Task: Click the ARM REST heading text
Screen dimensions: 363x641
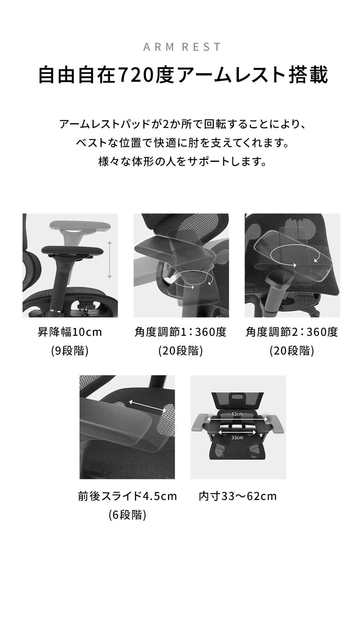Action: pos(182,47)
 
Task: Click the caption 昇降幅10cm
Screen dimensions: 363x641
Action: pos(70,332)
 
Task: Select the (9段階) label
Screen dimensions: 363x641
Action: pos(70,351)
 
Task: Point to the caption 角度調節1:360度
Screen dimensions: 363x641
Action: pos(181,332)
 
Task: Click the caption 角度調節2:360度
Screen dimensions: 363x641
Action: pos(292,332)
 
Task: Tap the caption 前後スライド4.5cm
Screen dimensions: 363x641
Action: pos(127,496)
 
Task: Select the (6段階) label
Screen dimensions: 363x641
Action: pos(127,515)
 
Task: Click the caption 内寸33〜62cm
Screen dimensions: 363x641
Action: pos(238,496)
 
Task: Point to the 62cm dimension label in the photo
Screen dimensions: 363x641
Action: pos(237,414)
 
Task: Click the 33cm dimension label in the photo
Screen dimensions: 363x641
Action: pos(237,438)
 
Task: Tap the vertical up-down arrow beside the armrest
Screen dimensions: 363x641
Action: pos(110,260)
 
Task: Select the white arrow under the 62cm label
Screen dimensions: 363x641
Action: pos(237,419)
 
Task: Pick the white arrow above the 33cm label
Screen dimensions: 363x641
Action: pos(237,432)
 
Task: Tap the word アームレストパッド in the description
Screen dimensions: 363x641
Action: pos(104,125)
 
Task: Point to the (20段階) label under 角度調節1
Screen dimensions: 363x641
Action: pos(181,351)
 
